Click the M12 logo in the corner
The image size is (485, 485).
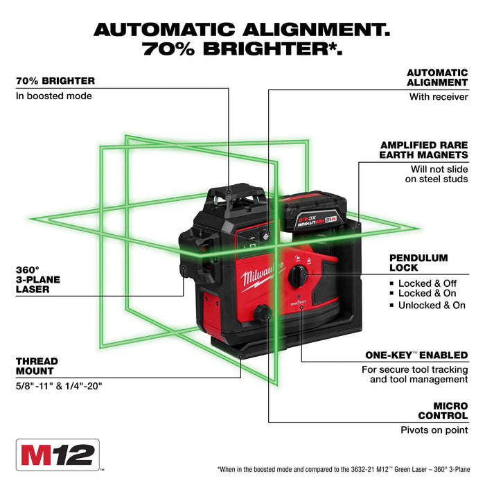click(58, 457)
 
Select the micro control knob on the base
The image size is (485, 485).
click(263, 314)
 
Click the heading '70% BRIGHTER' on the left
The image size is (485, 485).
click(55, 80)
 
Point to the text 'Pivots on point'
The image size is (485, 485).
click(434, 430)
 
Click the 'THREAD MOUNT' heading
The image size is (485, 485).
click(37, 366)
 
